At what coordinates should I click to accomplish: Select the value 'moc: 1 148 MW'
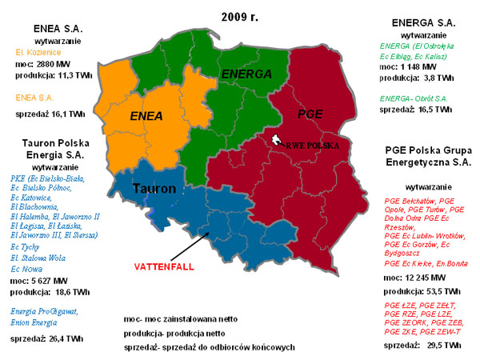(406, 78)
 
